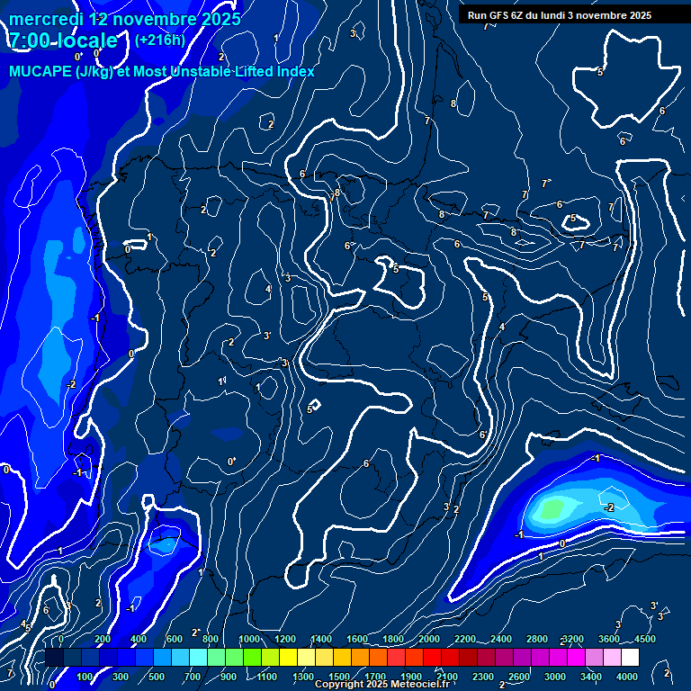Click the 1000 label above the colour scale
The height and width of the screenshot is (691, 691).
pos(248,639)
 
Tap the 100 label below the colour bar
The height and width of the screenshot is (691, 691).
pos(85,677)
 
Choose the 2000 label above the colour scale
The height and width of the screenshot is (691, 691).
pos(429,639)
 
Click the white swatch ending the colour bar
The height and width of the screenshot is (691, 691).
pos(630,658)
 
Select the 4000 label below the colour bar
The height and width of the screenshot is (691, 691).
pos(627,677)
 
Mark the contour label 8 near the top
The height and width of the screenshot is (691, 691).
pos(453,104)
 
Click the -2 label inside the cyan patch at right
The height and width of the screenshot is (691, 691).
pos(609,507)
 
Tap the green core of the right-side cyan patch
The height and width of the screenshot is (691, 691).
pos(552,509)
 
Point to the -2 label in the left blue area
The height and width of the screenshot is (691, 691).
pos(71,384)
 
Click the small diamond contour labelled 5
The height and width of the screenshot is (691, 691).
pos(314,406)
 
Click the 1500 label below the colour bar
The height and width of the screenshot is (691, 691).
pos(339,677)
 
